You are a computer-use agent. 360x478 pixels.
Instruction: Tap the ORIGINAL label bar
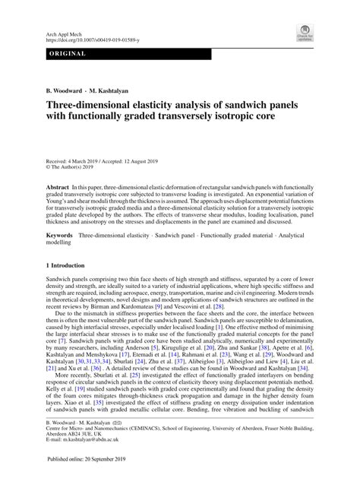tap(68, 55)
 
